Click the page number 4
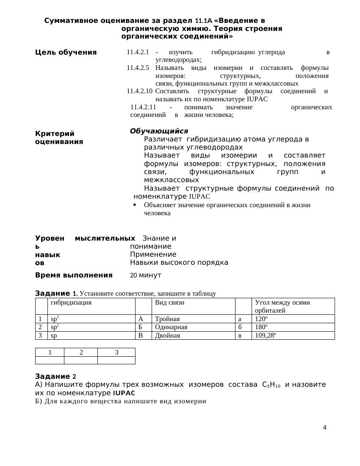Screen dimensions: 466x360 tap(324, 427)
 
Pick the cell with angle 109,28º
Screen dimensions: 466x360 tap(266, 336)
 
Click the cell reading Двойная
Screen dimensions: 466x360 tap(167, 336)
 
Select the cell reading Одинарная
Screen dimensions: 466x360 tap(171, 327)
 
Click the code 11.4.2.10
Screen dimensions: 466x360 tap(139, 91)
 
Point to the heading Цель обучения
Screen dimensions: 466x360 tap(66, 53)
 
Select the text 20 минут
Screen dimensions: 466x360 tap(146, 275)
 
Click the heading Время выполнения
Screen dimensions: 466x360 tap(74, 275)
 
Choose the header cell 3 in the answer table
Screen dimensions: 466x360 tap(116, 352)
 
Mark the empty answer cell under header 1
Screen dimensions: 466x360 tap(50, 360)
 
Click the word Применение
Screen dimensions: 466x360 tap(153, 254)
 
